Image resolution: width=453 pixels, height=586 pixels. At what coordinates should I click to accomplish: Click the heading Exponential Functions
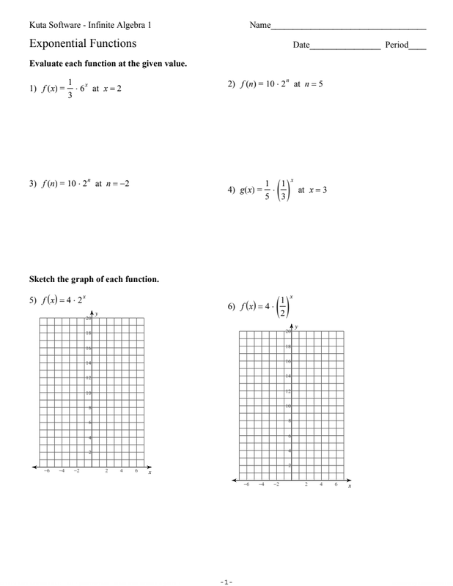pos(83,44)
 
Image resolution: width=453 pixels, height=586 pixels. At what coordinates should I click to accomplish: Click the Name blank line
pos(348,27)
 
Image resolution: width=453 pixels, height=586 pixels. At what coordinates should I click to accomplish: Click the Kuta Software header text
pos(90,26)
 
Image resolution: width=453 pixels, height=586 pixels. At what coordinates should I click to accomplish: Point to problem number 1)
pos(33,89)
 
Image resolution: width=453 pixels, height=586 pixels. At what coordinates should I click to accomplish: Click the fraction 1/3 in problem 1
pos(70,89)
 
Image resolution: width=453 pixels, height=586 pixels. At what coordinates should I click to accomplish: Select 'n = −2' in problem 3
pos(117,184)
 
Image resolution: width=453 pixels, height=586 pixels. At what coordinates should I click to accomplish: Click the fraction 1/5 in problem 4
pos(267,190)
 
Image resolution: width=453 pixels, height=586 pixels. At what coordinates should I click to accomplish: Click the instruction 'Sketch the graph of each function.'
pos(94,279)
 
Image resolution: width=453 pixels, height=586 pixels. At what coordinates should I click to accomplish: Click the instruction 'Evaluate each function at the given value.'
pos(108,64)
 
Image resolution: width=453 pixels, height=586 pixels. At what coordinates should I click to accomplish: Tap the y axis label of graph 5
pos(96,314)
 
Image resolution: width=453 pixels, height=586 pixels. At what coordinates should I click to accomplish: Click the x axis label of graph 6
pos(350,486)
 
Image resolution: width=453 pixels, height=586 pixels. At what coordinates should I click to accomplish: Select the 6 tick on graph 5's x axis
pos(136,472)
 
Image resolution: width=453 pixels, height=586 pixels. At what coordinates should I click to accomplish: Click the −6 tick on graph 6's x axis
pos(246,485)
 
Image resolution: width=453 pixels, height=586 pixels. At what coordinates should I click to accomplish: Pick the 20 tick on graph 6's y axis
pos(287,332)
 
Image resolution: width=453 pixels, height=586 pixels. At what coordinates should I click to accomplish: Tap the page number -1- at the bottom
pos(226,582)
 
